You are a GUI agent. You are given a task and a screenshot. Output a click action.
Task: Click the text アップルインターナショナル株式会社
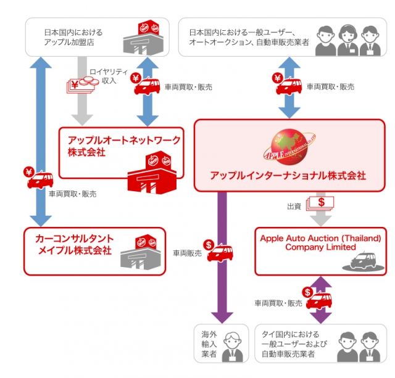(288, 176)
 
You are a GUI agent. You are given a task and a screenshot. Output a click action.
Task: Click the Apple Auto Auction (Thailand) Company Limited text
(320, 242)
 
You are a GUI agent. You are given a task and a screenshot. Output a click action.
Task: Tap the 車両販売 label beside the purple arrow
(187, 253)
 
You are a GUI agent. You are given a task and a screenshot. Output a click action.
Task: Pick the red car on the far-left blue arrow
(39, 179)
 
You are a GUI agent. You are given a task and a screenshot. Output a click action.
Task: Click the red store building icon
(151, 175)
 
